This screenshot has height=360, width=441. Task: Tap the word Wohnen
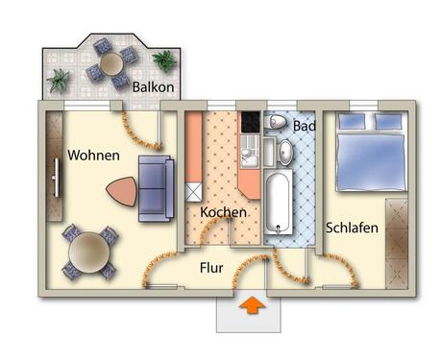(93, 156)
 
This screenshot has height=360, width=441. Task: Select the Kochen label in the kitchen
(223, 211)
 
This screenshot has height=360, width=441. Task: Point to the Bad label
(305, 127)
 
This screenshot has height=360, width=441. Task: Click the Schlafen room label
(352, 228)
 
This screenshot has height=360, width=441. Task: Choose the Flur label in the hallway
(213, 269)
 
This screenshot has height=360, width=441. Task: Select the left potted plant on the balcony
(60, 79)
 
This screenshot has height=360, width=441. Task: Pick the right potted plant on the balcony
(165, 60)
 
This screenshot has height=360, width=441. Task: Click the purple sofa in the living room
(155, 186)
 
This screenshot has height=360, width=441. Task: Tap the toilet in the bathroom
(277, 123)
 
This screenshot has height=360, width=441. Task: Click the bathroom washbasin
(286, 152)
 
